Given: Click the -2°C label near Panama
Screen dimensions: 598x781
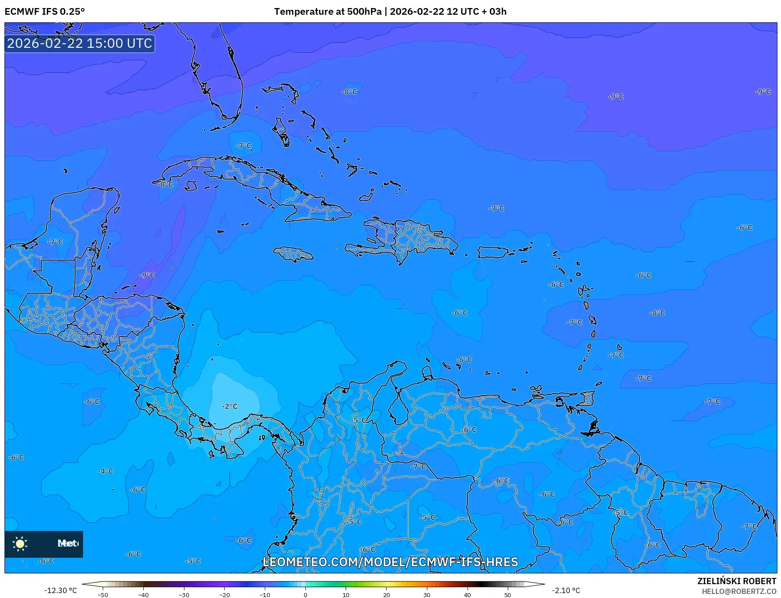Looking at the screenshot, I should pos(230,406).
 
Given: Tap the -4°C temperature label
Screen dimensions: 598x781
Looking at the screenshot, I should pos(106,471).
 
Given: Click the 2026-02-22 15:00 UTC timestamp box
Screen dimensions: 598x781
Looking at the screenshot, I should pos(79,43).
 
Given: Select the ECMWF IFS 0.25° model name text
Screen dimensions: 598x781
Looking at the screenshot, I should pos(45,12).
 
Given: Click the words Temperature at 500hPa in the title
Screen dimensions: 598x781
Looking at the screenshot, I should pos(328,12).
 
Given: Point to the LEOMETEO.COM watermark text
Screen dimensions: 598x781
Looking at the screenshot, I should pos(390,562).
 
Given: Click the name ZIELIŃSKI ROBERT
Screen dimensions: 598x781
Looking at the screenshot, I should pos(736,581).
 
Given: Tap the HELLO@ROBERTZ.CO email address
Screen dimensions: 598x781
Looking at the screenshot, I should pos(739,591).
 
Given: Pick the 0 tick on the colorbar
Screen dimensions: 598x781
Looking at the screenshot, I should pos(305,594).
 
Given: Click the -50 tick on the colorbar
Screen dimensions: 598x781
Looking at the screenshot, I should pos(103,594).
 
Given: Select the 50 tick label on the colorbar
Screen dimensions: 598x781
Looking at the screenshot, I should pos(508,594).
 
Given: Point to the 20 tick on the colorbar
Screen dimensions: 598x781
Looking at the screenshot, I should pos(386,594).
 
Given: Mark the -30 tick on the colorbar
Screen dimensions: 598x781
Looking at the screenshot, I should pos(184,594).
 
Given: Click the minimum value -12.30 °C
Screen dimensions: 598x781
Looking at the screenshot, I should pos(60,590).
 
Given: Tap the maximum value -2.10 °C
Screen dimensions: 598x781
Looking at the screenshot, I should pos(566,590).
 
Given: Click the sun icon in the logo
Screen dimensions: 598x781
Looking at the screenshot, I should pos(20,543).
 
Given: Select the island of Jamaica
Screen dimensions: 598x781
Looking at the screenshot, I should pos(293,254).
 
